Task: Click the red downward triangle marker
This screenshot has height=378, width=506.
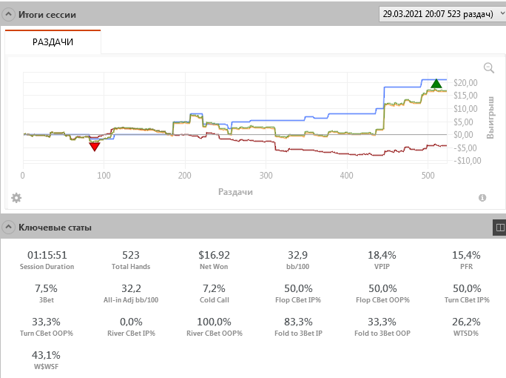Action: pos(95,146)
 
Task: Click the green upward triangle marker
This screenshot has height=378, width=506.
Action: pos(436,84)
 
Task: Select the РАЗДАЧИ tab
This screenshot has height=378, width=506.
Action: pos(53,42)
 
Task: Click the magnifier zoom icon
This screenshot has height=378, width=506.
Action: pos(488,67)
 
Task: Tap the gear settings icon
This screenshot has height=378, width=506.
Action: pos(16,198)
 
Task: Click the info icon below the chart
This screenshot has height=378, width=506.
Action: pos(482,198)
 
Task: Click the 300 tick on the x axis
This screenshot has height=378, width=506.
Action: pos(266,176)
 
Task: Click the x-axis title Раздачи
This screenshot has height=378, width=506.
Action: pos(236,191)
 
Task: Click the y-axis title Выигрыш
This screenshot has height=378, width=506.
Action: pos(490,117)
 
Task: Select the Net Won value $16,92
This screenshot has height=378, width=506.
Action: pos(214,255)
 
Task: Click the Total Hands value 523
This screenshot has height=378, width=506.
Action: pos(131,255)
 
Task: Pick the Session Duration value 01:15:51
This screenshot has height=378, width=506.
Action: pos(47,255)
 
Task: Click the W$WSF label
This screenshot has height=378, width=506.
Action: pos(47,367)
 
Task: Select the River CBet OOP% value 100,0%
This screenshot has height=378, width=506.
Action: pos(214,322)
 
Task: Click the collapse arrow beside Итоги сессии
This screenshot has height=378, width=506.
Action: pos(7,15)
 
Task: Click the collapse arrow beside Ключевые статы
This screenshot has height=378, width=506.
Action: pos(7,228)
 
